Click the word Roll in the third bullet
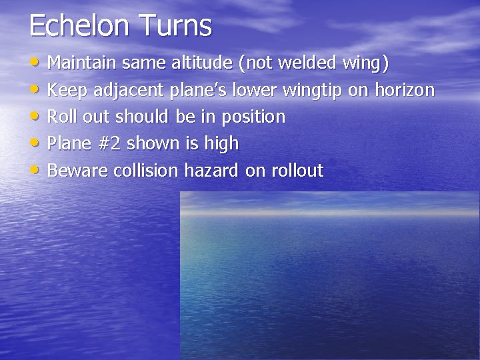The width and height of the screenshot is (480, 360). tap(62, 117)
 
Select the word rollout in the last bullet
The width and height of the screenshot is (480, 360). tap(297, 171)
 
